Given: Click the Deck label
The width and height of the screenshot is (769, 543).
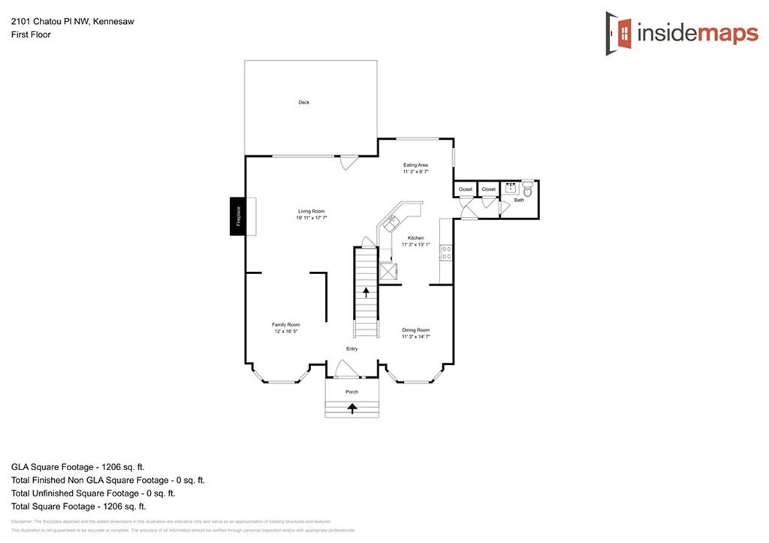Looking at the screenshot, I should (303, 102).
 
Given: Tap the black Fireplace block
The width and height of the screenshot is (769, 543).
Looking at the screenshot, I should (239, 216).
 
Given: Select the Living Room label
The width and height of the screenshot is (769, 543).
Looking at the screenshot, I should (311, 211).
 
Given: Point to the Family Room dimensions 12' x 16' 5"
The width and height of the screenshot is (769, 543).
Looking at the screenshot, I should (285, 331).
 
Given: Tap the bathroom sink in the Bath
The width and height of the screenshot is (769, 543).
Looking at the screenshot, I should (512, 188).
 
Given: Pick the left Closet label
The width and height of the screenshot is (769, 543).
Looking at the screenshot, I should (466, 189).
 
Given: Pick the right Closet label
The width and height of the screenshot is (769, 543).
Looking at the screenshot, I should (489, 189).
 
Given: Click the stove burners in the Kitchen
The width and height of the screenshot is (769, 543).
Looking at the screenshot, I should (446, 252).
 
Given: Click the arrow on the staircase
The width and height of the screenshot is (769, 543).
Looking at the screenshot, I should (366, 291).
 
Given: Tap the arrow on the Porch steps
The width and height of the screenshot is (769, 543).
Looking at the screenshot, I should (352, 409).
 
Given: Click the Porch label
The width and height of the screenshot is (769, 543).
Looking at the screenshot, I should (351, 392).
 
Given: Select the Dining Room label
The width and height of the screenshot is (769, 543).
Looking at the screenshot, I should (416, 330).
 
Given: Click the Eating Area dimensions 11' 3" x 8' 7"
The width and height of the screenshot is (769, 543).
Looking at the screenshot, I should (415, 171).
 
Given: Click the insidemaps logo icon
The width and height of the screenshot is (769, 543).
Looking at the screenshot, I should (619, 33).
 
